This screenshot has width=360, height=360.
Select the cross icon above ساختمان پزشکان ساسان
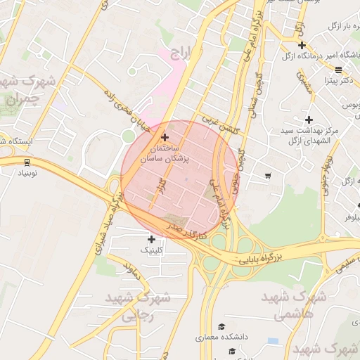165,137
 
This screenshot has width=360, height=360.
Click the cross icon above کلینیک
151,240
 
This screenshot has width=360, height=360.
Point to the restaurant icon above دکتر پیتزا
338,70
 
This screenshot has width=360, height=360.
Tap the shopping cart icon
268,175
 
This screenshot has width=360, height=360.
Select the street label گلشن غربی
220,125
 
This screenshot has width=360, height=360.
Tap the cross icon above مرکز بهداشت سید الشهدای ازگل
309,120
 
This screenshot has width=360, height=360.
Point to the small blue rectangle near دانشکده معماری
273,341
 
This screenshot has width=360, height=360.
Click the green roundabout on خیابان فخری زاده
127,135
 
